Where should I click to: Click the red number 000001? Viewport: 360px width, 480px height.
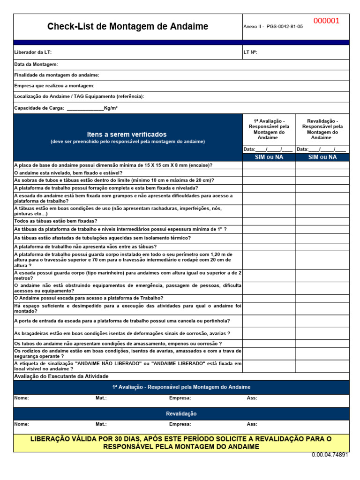coord(326,21)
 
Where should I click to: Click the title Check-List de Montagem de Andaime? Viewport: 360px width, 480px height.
coord(127,27)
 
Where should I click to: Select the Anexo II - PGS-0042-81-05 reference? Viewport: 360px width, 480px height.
coord(273,27)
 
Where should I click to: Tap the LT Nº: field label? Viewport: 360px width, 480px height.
coord(250,52)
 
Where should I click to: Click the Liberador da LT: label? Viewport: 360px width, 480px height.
coord(33,52)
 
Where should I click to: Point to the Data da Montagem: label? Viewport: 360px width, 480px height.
coord(36,64)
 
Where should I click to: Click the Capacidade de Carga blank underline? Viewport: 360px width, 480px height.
coord(85,108)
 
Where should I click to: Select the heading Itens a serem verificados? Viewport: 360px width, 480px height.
coord(127,135)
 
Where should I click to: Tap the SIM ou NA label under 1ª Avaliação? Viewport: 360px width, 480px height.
coord(269,157)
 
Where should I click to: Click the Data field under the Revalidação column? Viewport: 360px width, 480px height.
coord(322,150)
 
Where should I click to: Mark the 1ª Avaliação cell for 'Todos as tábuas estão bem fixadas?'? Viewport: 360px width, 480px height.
coord(269,221)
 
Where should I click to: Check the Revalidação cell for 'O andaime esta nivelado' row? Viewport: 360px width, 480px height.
coord(322,172)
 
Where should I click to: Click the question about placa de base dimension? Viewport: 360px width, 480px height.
coord(113,165)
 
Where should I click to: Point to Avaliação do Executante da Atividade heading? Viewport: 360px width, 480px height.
coord(61,376)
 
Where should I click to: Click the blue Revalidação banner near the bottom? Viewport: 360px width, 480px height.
coord(181,413)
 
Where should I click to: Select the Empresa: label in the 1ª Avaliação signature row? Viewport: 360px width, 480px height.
coord(180,398)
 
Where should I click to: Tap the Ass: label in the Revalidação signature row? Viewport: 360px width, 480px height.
coord(252,424)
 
